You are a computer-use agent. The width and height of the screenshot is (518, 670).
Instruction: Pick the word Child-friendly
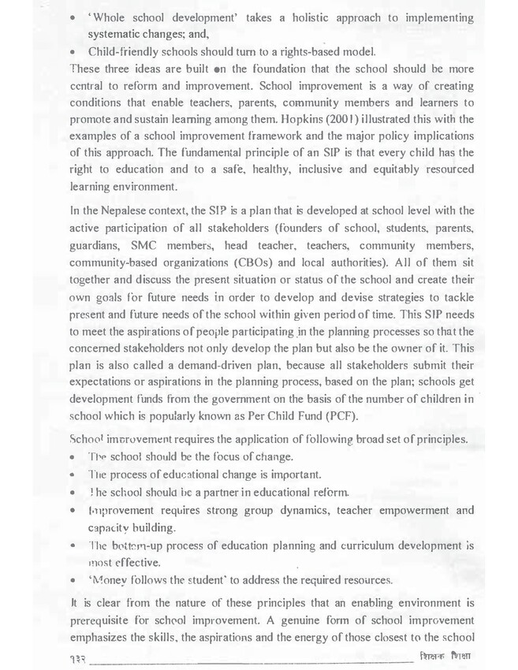[x=122, y=51]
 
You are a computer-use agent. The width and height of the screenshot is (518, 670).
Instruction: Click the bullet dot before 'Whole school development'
[x=73, y=15]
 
